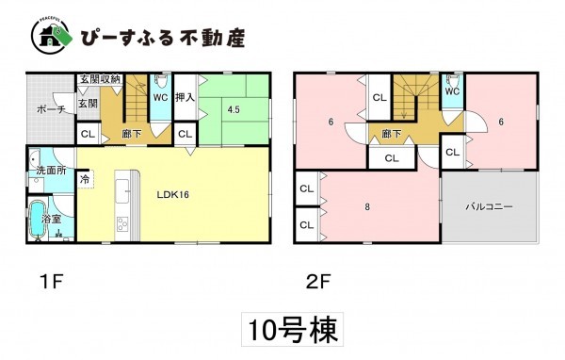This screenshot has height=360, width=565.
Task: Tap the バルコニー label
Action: point(488,206)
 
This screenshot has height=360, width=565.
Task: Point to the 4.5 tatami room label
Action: point(232,109)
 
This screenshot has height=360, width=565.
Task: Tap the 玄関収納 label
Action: point(100,79)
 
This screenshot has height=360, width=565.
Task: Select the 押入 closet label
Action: point(185,97)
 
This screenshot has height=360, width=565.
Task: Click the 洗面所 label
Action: point(49,172)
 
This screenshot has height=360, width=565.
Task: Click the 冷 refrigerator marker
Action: point(85,176)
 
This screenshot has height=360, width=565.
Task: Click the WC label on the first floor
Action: point(160,95)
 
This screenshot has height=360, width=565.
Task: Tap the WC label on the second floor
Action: point(451,91)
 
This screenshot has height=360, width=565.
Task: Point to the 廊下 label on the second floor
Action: point(387,134)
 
